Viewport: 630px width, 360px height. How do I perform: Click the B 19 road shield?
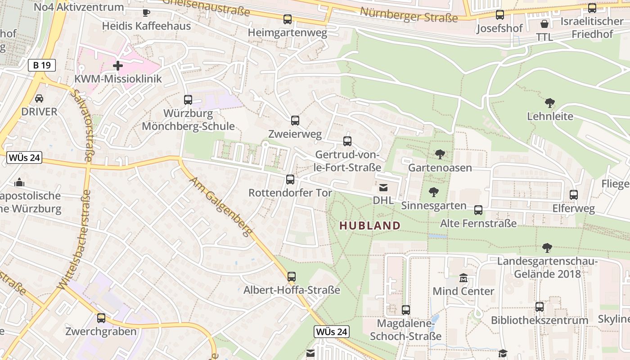pyautogui.click(x=41, y=65)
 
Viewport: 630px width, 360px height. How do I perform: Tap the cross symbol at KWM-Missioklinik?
pyautogui.click(x=118, y=66)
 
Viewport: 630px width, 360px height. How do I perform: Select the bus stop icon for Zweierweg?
pyautogui.click(x=295, y=121)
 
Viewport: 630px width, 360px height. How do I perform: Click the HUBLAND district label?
pyautogui.click(x=370, y=226)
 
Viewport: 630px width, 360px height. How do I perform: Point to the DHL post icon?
pyautogui.click(x=383, y=188)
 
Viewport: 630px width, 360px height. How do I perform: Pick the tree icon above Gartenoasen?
pyautogui.click(x=440, y=154)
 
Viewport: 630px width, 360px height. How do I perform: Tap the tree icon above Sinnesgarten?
pyautogui.click(x=434, y=192)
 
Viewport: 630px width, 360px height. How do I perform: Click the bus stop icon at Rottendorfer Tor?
pyautogui.click(x=290, y=180)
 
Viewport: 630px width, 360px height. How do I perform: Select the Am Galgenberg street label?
pyautogui.click(x=220, y=207)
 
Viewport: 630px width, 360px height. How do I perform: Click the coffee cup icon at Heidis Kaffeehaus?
pyautogui.click(x=146, y=13)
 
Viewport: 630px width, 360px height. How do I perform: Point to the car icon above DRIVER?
pyautogui.click(x=39, y=98)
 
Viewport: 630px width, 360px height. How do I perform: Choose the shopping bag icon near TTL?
pyautogui.click(x=544, y=23)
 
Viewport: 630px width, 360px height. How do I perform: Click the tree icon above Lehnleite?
pyautogui.click(x=549, y=103)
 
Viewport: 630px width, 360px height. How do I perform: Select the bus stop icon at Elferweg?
pyautogui.click(x=574, y=195)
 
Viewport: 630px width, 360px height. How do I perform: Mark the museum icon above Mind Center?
pyautogui.click(x=463, y=278)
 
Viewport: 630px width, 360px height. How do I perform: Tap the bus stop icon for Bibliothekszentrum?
pyautogui.click(x=540, y=307)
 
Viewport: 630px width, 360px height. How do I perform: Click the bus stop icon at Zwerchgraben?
pyautogui.click(x=101, y=318)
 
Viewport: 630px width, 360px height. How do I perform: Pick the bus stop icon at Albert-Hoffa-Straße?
pyautogui.click(x=292, y=277)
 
